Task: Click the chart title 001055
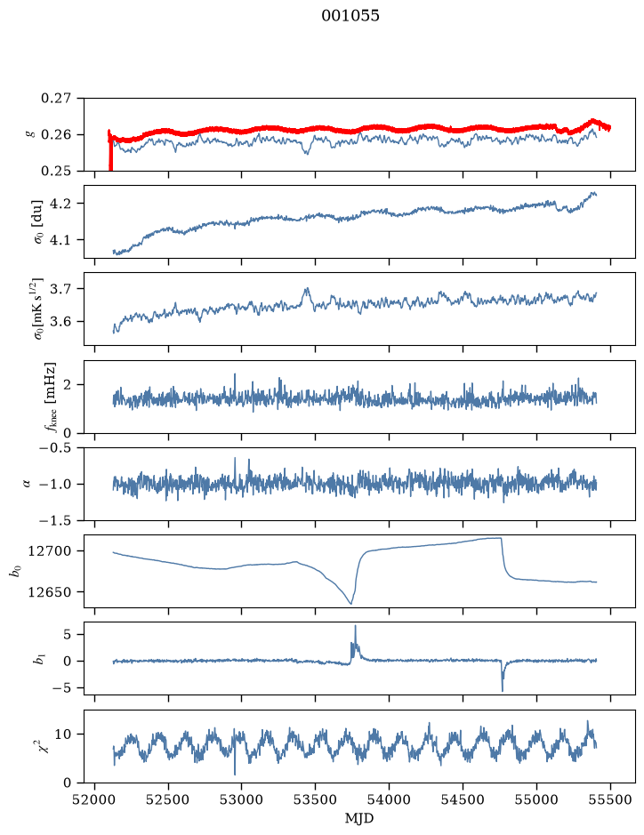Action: tap(350, 16)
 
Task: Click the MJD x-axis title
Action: tap(359, 818)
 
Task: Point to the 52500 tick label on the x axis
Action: tap(168, 800)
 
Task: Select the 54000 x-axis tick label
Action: tap(389, 800)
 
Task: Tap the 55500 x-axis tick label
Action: tap(610, 800)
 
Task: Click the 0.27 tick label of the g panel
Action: tap(56, 99)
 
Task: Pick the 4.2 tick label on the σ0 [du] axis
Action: tap(60, 204)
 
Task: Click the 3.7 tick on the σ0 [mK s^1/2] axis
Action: tap(60, 289)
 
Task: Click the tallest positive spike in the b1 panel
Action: tap(355, 626)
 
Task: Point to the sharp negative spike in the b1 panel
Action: tap(503, 690)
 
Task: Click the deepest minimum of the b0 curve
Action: tap(351, 603)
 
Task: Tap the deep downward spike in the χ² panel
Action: tap(234, 774)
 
